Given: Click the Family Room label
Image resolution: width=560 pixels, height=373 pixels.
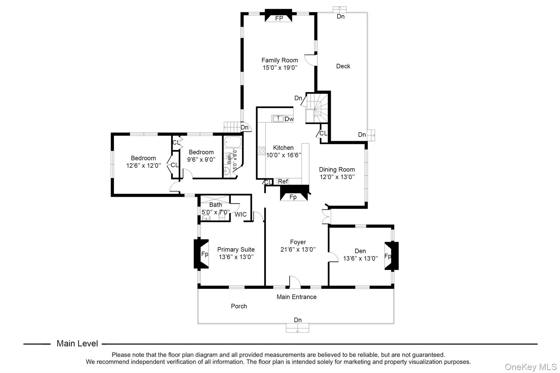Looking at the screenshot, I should (280, 60).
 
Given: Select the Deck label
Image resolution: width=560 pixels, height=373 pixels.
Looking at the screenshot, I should (343, 66).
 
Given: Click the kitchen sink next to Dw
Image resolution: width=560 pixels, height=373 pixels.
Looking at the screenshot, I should (278, 119).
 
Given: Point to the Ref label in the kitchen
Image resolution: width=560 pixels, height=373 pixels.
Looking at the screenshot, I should (283, 181).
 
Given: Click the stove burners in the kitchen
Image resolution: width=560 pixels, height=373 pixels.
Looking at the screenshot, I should (261, 151).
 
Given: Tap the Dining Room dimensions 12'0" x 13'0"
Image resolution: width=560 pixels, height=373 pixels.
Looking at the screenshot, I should (337, 177).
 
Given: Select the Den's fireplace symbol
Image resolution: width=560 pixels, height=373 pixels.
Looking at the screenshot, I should (391, 256).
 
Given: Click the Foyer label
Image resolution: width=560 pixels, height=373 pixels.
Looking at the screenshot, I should (298, 242).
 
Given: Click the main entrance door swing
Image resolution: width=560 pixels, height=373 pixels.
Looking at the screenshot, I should (295, 282).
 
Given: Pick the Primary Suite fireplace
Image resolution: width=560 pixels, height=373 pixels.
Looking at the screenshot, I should (202, 254).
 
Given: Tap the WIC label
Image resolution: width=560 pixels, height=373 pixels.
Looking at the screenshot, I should (240, 215).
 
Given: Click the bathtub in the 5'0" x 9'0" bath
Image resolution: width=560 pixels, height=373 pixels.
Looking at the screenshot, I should (233, 142).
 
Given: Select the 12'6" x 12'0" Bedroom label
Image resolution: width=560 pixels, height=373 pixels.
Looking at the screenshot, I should (143, 158).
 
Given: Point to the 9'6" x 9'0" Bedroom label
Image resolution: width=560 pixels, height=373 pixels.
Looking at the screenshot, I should (201, 152).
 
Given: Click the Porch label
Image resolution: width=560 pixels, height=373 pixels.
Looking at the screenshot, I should (239, 306).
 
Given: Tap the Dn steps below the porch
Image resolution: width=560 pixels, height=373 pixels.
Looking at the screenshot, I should (297, 328).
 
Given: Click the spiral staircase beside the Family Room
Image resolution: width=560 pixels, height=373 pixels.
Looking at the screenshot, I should (317, 108).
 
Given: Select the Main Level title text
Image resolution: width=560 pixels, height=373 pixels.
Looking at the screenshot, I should (77, 343).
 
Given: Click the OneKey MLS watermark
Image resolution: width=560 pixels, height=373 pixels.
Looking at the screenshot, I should (530, 367).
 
